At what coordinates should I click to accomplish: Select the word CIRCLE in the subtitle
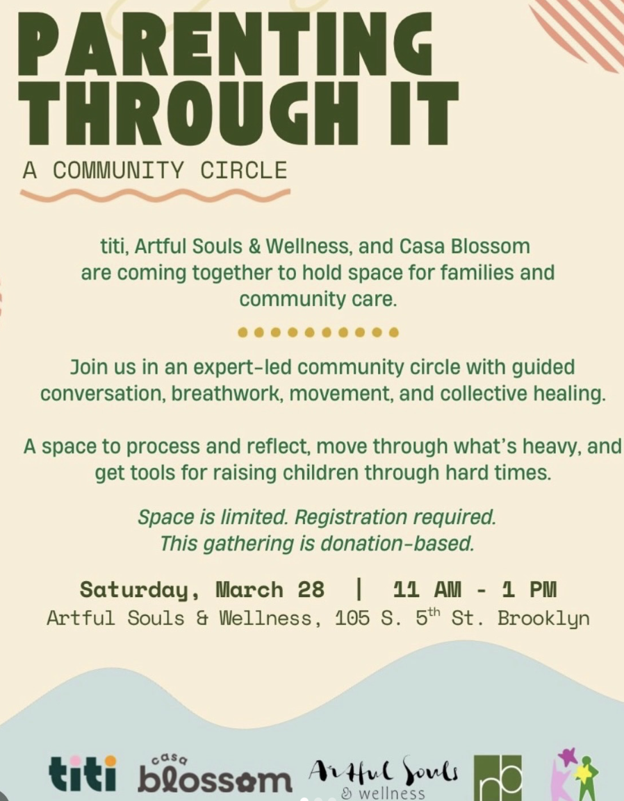[243, 171]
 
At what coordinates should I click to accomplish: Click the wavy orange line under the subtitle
[155, 194]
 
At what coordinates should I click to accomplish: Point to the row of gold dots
[318, 332]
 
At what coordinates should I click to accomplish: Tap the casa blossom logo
[215, 774]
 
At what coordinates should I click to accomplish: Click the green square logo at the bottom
[498, 777]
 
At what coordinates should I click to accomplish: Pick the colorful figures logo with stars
[577, 775]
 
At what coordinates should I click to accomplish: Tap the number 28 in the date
[311, 589]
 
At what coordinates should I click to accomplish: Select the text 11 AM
[427, 589]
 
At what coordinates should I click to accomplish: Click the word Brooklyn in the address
[543, 619]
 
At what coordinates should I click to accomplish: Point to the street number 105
[352, 618]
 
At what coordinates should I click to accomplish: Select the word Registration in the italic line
[351, 518]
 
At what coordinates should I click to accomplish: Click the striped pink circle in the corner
[583, 28]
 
